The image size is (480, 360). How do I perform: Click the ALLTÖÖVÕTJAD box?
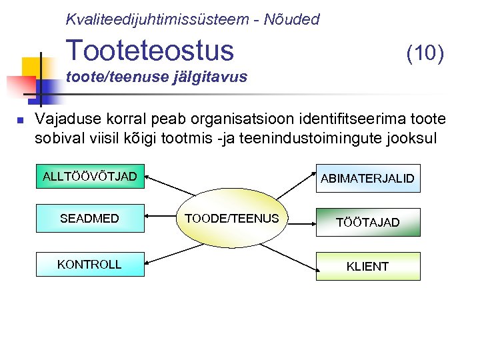point(89,177)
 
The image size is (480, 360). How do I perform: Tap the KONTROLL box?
point(89,265)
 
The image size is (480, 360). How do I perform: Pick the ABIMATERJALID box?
point(367,179)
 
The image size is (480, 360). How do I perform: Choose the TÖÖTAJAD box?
point(367,223)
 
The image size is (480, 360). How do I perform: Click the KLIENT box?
point(367,267)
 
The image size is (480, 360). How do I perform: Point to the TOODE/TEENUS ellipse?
point(231,219)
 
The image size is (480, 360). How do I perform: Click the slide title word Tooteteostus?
point(150,50)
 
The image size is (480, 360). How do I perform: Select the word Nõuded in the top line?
point(292,19)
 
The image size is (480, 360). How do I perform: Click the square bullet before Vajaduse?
point(20,121)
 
